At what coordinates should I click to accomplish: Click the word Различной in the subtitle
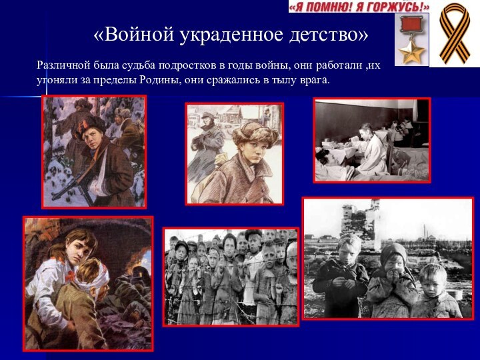(63, 66)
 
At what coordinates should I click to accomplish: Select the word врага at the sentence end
(313, 80)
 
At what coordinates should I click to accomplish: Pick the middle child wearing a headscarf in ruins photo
(393, 280)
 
